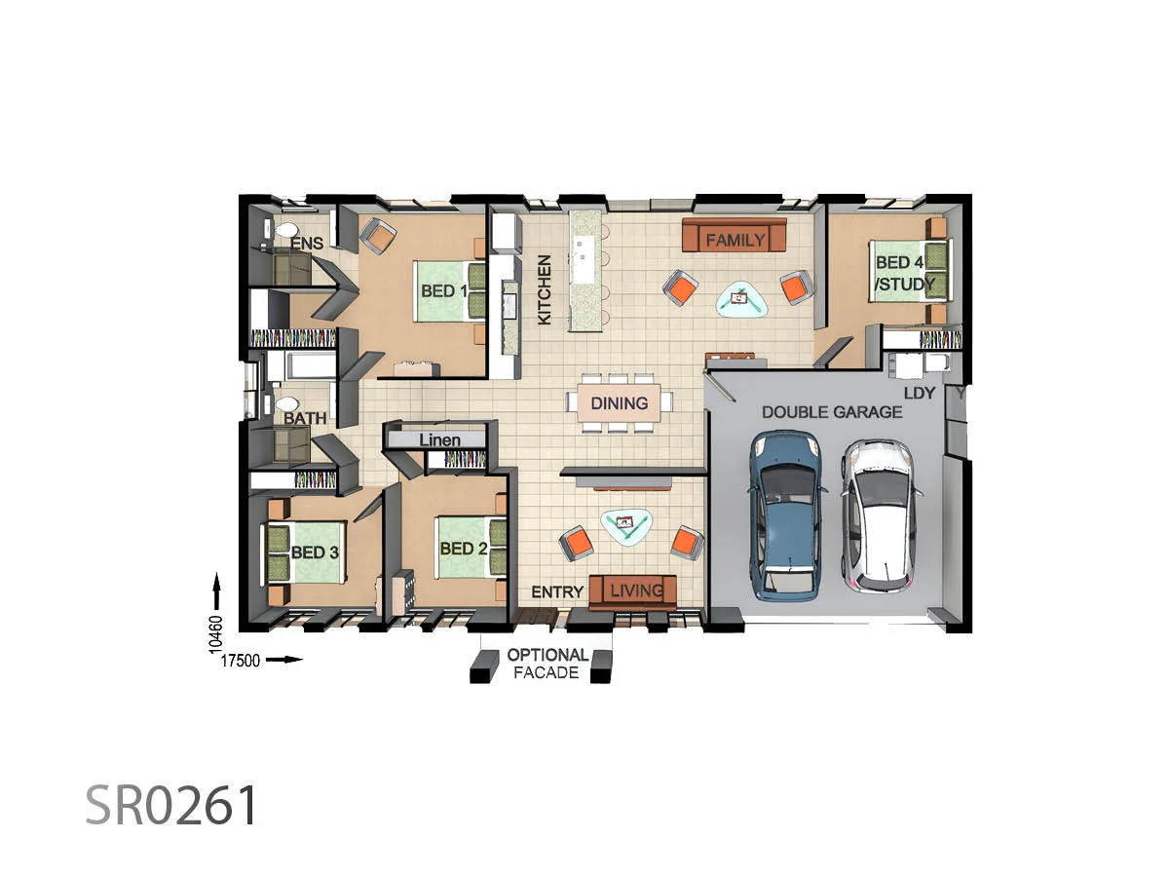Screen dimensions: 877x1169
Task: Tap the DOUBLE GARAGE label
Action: pos(832,412)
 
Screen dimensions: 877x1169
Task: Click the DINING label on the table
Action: pos(619,403)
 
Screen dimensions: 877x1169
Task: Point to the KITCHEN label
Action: pos(545,289)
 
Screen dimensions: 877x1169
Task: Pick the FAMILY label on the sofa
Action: pos(735,240)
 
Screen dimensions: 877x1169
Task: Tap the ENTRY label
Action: pos(557,592)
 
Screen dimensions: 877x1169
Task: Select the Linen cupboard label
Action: pos(439,440)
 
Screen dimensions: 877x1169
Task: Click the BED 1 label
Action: pos(443,290)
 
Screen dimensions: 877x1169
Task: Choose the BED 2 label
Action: pos(463,549)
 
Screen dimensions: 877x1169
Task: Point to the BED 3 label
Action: pos(315,553)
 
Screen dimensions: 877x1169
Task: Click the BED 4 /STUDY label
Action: pos(904,274)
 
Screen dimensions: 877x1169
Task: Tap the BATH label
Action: pos(305,419)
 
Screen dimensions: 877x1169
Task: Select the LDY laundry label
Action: pos(919,392)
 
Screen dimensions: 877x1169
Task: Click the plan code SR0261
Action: pos(171,806)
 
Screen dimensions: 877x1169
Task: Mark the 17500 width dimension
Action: pos(241,660)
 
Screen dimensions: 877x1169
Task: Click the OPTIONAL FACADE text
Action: pos(547,664)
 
